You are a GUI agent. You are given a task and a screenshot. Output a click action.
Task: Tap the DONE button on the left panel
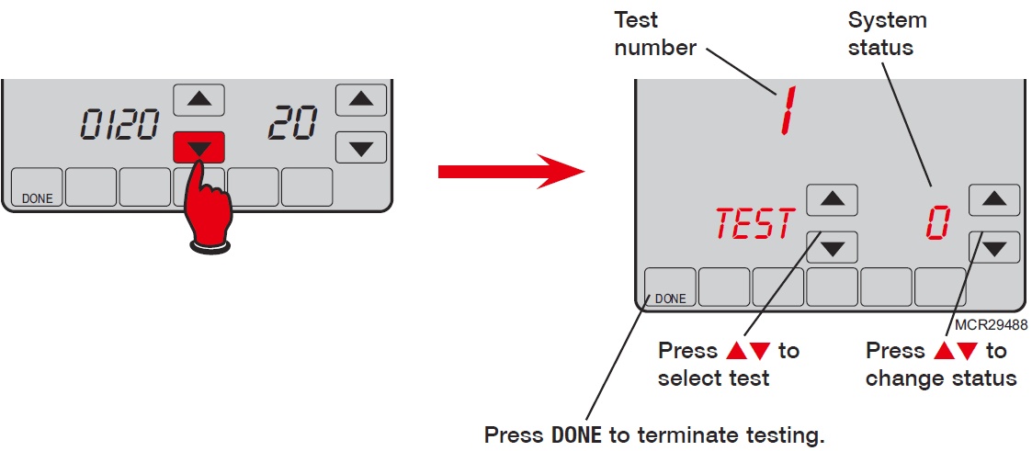(x=37, y=187)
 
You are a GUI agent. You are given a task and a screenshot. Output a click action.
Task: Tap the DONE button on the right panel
(x=670, y=288)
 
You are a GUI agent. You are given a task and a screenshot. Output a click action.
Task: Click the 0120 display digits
(x=119, y=125)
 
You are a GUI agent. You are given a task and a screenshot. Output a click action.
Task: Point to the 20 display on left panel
(x=292, y=123)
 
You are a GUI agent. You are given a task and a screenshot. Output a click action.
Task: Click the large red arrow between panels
(x=510, y=171)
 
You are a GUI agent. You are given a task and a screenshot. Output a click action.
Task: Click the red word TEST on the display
(x=754, y=224)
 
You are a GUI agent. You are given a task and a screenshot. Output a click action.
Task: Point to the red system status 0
(x=936, y=223)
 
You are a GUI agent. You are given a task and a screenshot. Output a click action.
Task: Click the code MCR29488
(x=991, y=324)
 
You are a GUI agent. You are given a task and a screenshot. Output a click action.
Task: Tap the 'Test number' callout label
(x=655, y=34)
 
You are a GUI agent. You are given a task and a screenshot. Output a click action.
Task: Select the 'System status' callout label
(x=887, y=34)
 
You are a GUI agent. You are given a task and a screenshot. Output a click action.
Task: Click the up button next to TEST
(x=832, y=199)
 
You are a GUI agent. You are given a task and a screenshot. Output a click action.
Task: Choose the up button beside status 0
(x=993, y=199)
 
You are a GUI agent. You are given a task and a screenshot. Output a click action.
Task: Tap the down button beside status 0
(x=993, y=246)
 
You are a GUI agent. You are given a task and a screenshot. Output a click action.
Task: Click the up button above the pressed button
(x=198, y=98)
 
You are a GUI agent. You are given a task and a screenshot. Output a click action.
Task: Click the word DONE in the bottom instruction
(x=576, y=434)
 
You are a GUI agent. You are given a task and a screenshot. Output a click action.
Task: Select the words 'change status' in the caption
(x=940, y=378)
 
